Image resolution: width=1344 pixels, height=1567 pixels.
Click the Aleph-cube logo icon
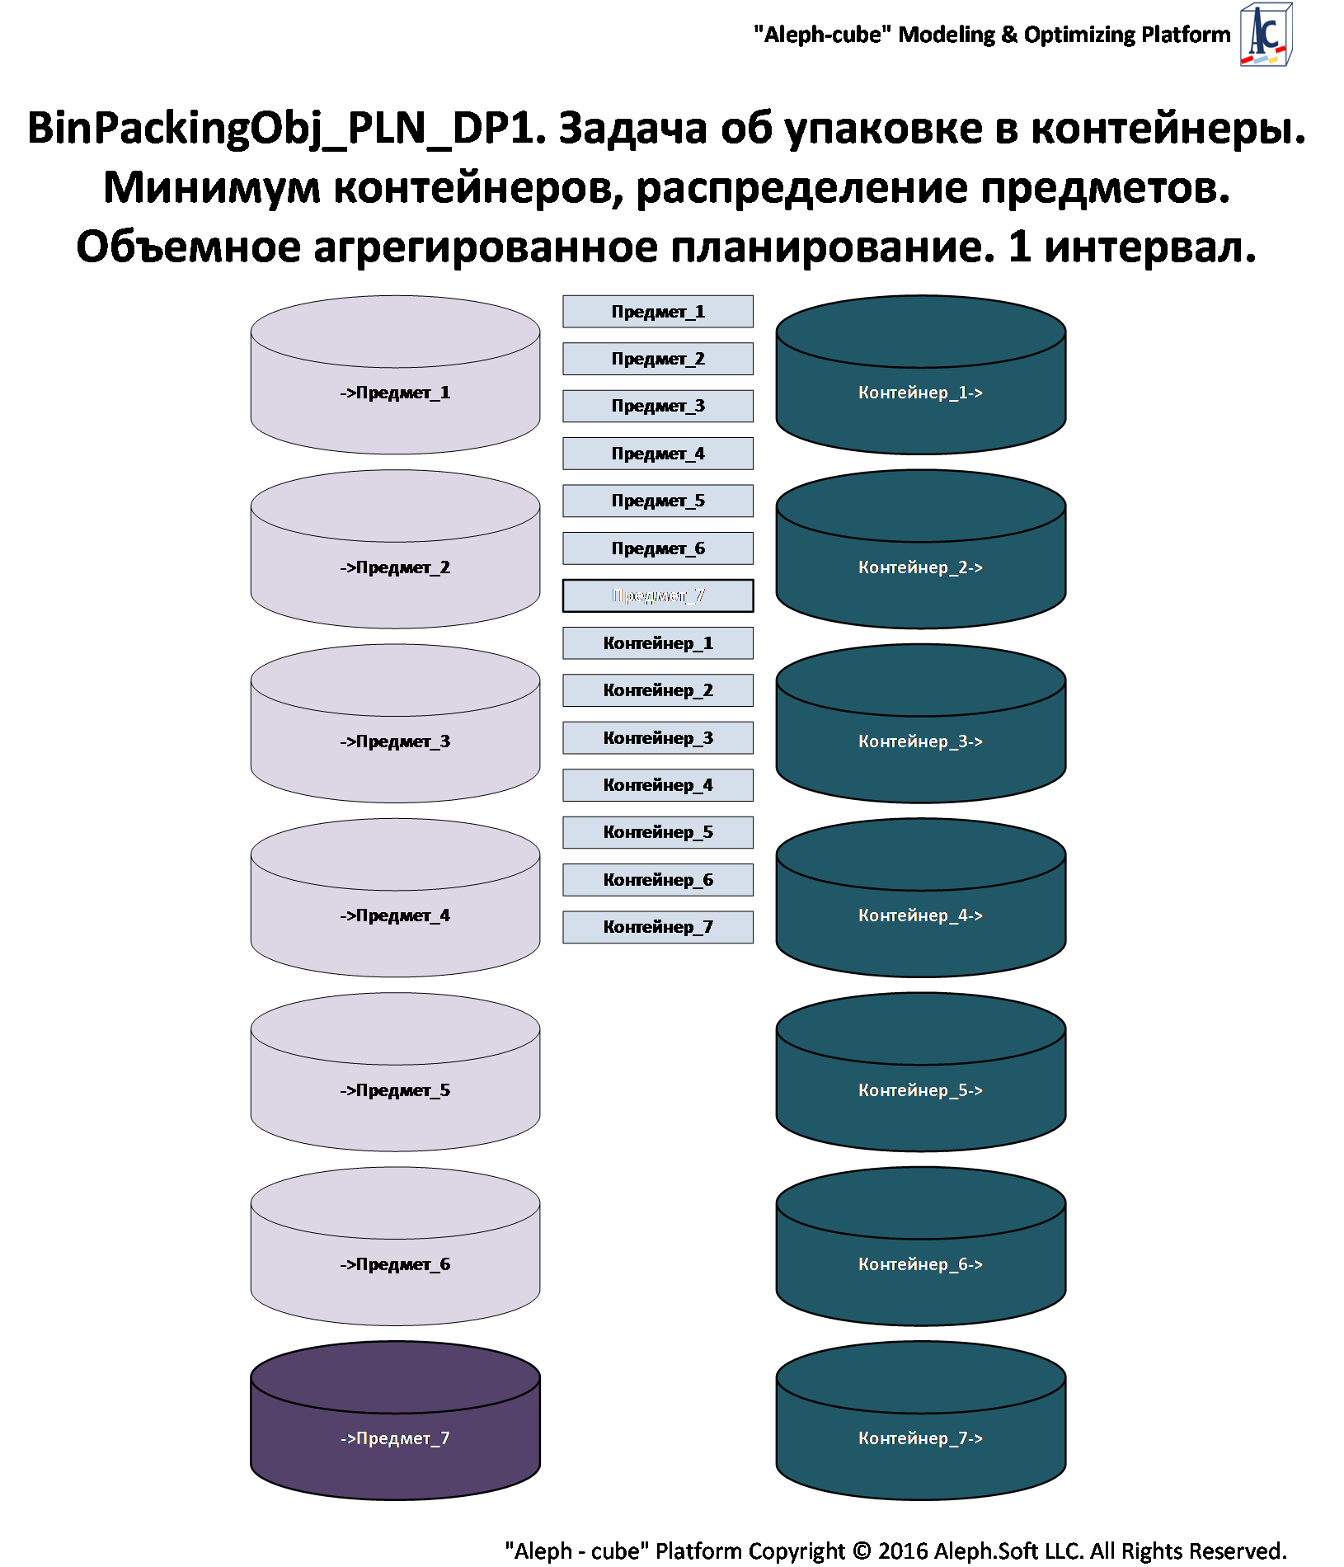pyautogui.click(x=1266, y=35)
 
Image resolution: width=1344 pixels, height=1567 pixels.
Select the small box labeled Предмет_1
pyautogui.click(x=657, y=312)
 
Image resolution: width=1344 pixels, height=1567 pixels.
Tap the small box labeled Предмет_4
pyautogui.click(x=657, y=454)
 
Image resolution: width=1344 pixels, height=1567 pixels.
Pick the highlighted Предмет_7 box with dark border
pyautogui.click(x=657, y=595)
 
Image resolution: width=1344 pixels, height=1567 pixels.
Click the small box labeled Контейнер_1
pyautogui.click(x=657, y=643)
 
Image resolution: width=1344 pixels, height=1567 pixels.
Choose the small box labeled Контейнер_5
pyautogui.click(x=657, y=832)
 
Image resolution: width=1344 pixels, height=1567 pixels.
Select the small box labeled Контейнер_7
pyautogui.click(x=657, y=927)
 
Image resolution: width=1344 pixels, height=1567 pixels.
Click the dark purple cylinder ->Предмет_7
pyautogui.click(x=395, y=1438)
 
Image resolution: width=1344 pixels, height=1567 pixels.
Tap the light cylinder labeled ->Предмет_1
pyautogui.click(x=395, y=393)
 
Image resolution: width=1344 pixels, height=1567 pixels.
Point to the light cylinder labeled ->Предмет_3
pyautogui.click(x=395, y=741)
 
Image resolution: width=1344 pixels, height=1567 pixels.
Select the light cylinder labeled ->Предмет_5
pyautogui.click(x=395, y=1089)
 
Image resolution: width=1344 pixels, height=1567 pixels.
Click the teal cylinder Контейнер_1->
pyautogui.click(x=920, y=393)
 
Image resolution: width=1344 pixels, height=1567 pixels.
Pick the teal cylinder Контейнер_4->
pyautogui.click(x=920, y=915)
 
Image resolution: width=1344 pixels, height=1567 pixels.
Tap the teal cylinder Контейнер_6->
pyautogui.click(x=920, y=1263)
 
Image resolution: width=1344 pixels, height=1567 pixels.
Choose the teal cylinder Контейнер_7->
pyautogui.click(x=920, y=1438)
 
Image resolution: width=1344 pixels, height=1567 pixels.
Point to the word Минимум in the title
pyautogui.click(x=211, y=188)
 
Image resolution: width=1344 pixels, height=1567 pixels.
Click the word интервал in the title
pyautogui.click(x=1149, y=247)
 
